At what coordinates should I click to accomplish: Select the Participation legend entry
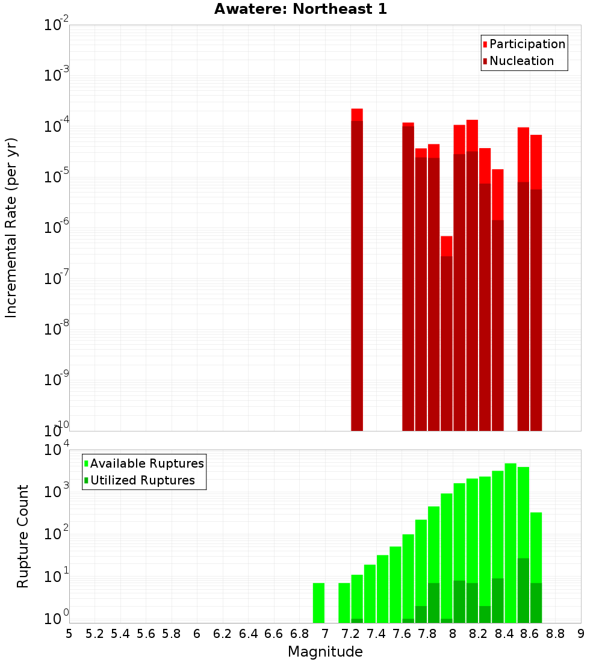coord(524,45)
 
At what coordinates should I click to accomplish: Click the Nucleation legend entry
coord(518,61)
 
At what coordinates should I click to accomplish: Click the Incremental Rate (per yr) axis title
coord(11,227)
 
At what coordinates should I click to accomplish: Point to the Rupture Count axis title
coord(23,536)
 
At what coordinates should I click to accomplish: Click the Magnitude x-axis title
coord(325,652)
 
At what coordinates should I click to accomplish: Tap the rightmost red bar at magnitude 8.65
coord(536,283)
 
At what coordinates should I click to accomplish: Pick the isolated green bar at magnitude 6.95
coord(318,602)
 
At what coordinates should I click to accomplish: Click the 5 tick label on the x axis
coord(69,634)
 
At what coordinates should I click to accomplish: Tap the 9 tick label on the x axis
coord(581,634)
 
